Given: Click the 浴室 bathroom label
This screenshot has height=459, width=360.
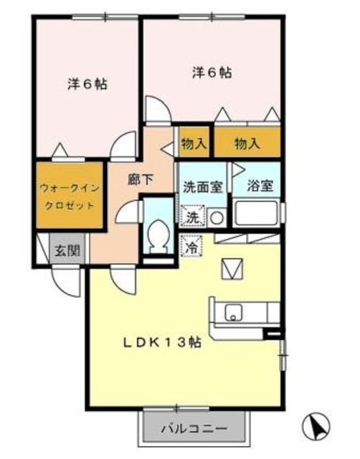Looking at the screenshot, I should click(x=257, y=185).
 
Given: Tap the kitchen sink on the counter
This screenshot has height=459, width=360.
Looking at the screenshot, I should click(x=234, y=313).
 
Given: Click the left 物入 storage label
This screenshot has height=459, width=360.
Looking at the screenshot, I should click(x=194, y=143).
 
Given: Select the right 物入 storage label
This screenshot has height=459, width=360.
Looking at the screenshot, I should click(x=247, y=143).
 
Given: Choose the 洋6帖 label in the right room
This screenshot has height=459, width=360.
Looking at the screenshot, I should click(x=211, y=72).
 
